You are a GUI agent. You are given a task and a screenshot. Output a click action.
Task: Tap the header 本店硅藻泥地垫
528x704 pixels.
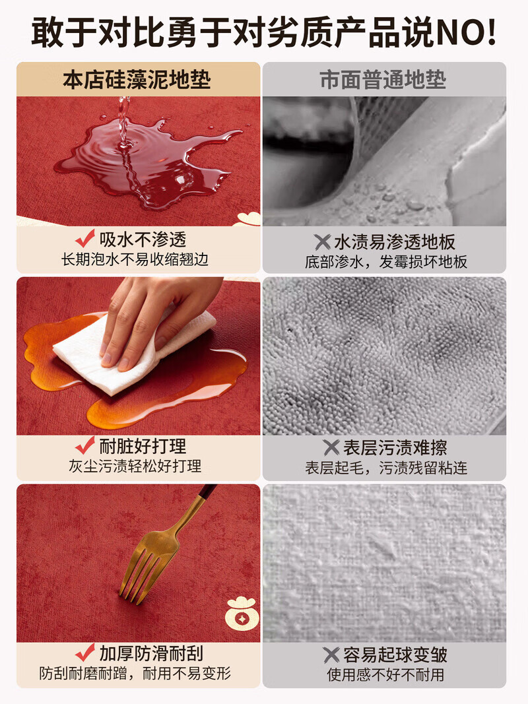coord(137,80)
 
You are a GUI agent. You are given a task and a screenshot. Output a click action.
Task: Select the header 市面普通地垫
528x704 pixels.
coord(383,80)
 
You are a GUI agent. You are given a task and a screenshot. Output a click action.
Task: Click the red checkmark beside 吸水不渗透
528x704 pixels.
coord(85,239)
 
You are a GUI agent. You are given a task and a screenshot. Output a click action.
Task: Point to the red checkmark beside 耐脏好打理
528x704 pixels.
coord(85,446)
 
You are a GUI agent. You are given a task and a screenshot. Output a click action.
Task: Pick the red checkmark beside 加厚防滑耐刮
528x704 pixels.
coord(85,653)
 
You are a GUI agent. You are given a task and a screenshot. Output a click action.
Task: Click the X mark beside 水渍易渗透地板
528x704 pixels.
coord(323,241)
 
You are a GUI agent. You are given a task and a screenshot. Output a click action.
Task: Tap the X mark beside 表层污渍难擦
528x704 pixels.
coord(331,447)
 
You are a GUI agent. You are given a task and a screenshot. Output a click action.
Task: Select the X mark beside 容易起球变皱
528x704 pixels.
coord(331,655)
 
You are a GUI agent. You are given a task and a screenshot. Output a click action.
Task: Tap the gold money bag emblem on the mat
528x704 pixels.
coord(241,614)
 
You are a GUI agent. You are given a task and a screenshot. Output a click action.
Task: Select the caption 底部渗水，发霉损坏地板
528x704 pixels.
coord(386,261)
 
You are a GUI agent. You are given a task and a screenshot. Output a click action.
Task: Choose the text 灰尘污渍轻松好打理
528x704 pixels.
coord(135,466)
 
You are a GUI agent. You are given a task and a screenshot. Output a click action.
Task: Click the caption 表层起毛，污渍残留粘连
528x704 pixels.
coord(386,468)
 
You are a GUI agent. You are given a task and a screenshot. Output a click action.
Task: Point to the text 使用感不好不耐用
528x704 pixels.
coord(386,674)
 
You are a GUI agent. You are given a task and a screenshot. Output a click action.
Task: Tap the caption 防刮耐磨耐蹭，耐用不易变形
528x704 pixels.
coord(135,674)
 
